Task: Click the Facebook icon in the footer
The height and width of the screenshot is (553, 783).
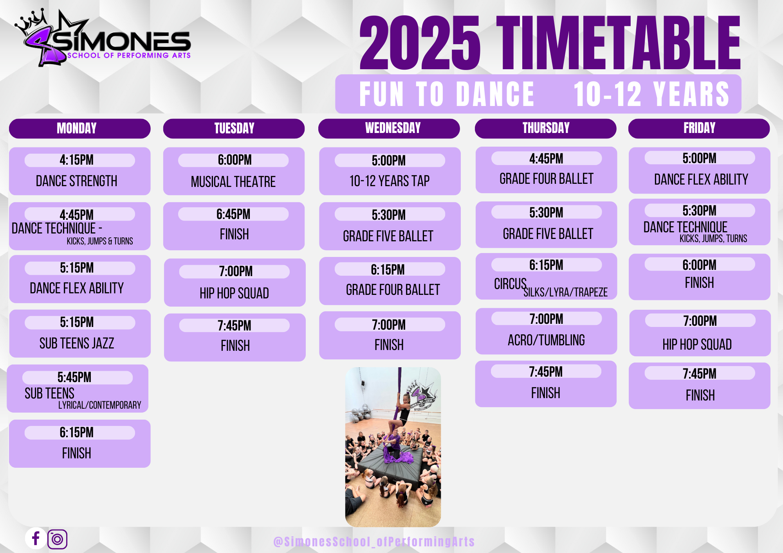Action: point(36,538)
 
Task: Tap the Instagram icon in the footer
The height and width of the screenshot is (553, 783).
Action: point(57,539)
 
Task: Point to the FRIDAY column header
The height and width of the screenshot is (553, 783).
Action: point(699,128)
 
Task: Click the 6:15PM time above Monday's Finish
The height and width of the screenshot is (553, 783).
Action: point(77,433)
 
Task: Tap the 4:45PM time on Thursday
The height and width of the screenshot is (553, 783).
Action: point(546,158)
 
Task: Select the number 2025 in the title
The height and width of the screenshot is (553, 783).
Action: point(420,43)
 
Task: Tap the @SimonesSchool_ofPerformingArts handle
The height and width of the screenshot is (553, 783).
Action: point(374,542)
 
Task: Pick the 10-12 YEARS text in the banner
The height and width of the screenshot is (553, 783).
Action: point(651,94)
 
